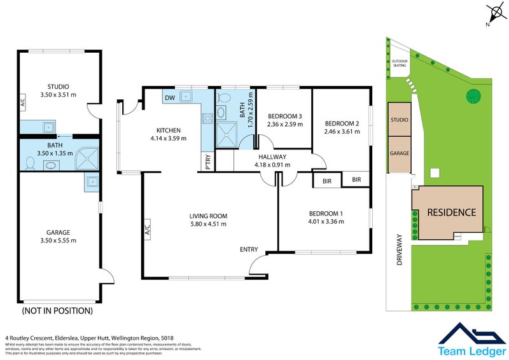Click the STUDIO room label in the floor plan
click(58, 87)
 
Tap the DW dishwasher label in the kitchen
click(170, 98)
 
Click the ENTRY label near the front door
click(249, 249)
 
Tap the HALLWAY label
click(272, 156)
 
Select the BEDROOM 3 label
click(284, 116)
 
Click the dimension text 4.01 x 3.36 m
click(326, 221)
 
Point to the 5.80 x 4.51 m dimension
click(208, 224)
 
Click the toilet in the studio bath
click(29, 163)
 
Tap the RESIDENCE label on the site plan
click(451, 212)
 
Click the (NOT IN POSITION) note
click(57, 311)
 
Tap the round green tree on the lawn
click(473, 96)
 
